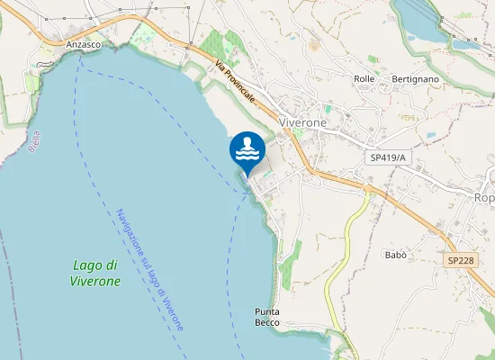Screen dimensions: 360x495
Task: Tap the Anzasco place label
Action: [x=83, y=43]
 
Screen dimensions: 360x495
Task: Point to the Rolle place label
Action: [x=364, y=79]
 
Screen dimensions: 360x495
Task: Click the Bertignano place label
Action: [x=415, y=79]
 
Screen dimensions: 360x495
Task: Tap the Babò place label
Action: [x=396, y=255]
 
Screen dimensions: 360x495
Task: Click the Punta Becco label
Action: [x=267, y=317]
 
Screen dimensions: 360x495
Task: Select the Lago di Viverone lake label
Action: [x=95, y=273]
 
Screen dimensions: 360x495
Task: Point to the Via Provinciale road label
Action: [x=235, y=81]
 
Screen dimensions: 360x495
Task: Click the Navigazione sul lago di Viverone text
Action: [x=149, y=270]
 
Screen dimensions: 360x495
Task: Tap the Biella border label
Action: [x=35, y=142]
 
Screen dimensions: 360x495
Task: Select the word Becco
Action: [x=267, y=322]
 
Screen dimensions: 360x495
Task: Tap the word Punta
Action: [x=267, y=311]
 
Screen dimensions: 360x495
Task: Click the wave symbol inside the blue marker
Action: [x=247, y=155]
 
